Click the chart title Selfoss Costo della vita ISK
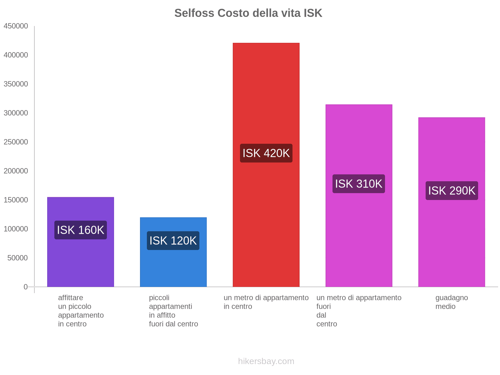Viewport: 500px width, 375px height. tap(248, 13)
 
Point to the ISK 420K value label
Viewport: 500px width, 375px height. tap(266, 153)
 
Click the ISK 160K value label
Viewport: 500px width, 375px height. tap(81, 230)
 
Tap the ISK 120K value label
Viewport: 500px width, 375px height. tap(173, 241)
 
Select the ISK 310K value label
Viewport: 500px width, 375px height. tap(359, 184)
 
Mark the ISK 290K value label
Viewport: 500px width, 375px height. tap(452, 191)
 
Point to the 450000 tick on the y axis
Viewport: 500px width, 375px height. tap(16, 26)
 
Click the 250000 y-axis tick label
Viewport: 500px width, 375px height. tap(16, 142)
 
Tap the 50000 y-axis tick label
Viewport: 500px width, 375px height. tap(17, 258)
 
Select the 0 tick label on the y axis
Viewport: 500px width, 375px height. tap(26, 287)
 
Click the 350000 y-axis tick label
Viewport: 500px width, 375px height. tap(16, 84)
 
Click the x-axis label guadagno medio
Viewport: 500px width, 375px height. tap(452, 302)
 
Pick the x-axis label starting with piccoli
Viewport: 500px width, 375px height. tap(173, 311)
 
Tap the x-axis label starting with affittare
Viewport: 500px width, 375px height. tap(81, 311)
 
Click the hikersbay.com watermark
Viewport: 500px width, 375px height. tap(266, 361)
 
